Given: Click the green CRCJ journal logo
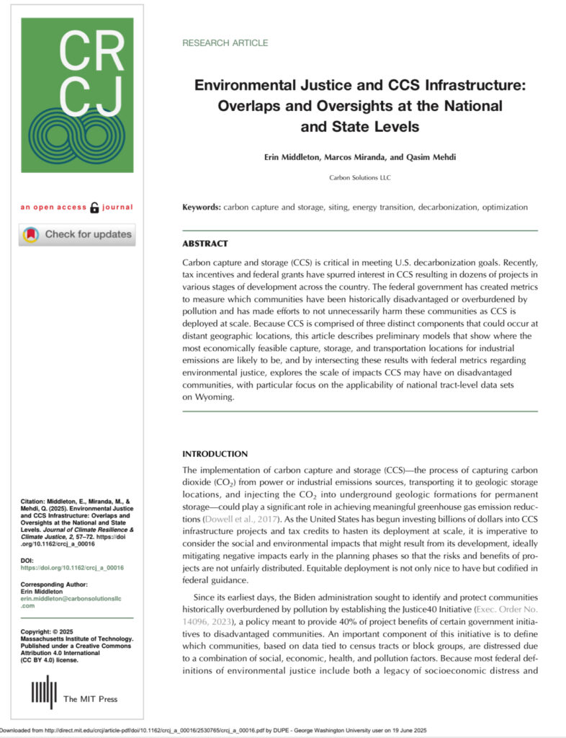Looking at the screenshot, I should point(77,95).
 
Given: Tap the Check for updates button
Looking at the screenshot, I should point(77,234).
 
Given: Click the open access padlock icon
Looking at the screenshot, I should point(94,208).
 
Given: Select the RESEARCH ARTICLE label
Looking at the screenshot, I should point(225,43).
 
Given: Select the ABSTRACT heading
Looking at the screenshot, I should point(205,244).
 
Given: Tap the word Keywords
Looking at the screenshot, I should point(202,208).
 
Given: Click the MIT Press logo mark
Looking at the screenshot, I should point(43,692).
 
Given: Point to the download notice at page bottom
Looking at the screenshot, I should point(216,730).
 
